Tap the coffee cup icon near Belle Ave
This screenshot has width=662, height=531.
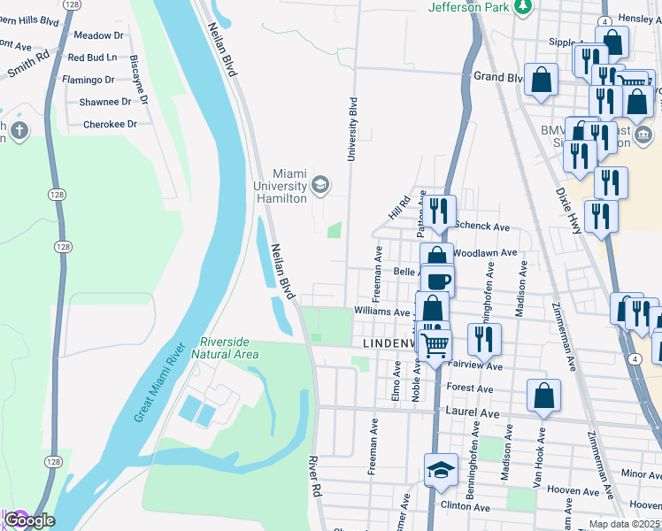tap(437, 281)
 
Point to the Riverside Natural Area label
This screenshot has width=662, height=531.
tap(229, 348)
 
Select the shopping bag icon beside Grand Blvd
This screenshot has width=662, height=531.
tap(541, 81)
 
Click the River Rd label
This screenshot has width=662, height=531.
tap(313, 476)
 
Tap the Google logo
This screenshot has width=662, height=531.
tap(29, 520)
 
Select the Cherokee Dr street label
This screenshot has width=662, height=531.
tap(110, 125)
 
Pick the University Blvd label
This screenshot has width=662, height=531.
tap(352, 128)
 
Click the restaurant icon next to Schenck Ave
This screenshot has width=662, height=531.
tap(438, 212)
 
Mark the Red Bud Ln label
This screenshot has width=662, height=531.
tap(92, 58)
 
